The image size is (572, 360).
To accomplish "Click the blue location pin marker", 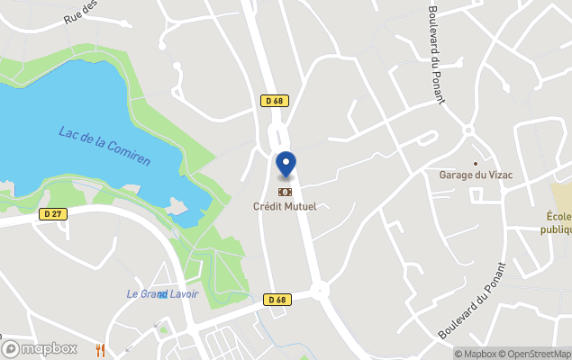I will click(286, 164).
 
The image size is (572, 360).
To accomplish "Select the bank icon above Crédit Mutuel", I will click(285, 192).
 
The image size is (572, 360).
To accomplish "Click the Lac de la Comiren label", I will click(104, 145).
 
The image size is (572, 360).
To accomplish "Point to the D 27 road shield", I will click(51, 213).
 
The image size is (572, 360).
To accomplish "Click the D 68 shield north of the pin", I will click(274, 101).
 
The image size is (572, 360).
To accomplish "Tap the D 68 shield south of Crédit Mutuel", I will click(277, 299).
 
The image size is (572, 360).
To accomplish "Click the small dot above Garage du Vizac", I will click(476, 163).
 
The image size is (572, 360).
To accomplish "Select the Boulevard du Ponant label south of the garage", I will click(473, 301).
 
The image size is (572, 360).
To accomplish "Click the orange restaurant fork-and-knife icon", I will click(101, 350).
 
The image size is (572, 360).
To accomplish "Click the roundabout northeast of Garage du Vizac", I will click(468, 130).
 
